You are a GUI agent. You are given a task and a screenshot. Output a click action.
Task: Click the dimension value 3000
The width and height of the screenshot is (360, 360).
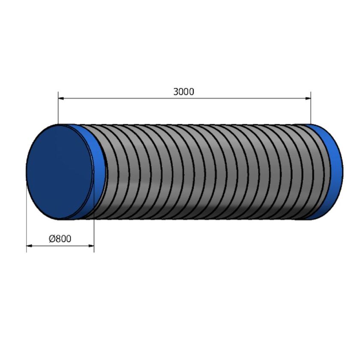[x=183, y=92]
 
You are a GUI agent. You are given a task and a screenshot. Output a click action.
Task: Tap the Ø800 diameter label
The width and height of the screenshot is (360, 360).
[x=60, y=239]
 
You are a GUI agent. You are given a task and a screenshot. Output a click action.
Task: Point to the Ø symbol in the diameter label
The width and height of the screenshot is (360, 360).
[x=51, y=239]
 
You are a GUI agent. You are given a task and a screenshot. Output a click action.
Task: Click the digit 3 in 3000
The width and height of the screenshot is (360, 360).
[x=176, y=92]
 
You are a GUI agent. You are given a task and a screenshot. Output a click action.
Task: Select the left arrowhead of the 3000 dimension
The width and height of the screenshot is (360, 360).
[x=61, y=98]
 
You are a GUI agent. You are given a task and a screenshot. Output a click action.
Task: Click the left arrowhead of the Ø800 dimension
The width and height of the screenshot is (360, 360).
[x=30, y=246]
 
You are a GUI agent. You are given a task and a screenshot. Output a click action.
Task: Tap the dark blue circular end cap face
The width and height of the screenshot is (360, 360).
[x=59, y=171]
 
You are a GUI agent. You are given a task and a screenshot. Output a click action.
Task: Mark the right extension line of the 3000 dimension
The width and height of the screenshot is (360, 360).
[x=311, y=109]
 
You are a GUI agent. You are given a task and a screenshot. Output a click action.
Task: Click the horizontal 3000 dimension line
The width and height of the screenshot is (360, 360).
[x=129, y=98]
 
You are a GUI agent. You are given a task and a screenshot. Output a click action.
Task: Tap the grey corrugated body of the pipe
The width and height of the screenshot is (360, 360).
[x=206, y=171]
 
